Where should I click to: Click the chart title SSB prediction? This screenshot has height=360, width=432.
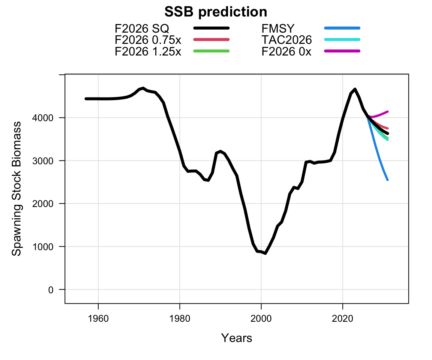pos(216,12)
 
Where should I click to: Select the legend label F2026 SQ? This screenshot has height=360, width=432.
pos(142,28)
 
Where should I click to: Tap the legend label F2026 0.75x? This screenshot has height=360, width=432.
pos(148,40)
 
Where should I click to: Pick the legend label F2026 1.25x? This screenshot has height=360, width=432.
pos(148,51)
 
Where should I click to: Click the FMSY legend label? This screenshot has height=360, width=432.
pos(278,28)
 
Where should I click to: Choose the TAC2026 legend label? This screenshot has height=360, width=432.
pos(286,40)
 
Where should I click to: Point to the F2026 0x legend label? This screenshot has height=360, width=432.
pos(286,51)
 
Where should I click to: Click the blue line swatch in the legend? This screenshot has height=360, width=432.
pos(342,28)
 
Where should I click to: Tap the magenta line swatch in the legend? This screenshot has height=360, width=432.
pos(342,51)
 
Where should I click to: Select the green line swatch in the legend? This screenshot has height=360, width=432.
pos(211,51)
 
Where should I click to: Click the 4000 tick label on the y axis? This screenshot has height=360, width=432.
pos(43,118)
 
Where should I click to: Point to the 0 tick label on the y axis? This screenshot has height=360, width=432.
pos(51,290)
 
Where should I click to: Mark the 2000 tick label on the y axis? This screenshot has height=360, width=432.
pos(43,204)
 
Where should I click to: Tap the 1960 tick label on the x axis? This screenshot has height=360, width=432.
pos(98,319)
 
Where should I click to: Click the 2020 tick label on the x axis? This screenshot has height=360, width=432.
pos(342,319)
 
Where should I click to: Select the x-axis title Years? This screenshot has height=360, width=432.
pos(236,338)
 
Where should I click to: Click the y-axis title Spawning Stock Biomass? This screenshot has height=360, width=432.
pos(16,189)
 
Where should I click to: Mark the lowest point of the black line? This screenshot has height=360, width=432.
pos(265,253)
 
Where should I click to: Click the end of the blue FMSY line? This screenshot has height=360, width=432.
pos(388,180)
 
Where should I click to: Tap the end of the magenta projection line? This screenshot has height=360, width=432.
pos(388,111)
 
